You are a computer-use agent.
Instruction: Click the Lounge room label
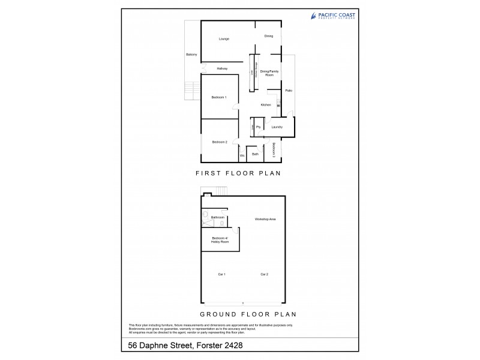[224, 39]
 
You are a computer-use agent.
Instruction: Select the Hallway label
[222, 68]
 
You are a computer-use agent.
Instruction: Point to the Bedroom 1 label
[218, 97]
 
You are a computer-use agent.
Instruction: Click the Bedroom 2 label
[219, 142]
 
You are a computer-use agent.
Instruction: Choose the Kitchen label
[266, 105]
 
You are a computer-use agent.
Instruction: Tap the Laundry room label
[277, 127]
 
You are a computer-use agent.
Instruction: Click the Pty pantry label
[258, 127]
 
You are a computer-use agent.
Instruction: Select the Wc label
[242, 155]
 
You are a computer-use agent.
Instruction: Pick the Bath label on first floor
[255, 154]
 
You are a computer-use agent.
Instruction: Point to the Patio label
[289, 91]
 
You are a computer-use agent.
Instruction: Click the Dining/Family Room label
[270, 73]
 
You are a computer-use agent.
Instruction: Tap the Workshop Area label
[265, 220]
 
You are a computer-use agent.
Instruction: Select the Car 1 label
[221, 274]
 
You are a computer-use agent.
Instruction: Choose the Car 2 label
[263, 274]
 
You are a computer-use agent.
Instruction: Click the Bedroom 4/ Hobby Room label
[220, 240]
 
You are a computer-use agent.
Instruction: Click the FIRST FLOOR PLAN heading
[239, 173]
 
